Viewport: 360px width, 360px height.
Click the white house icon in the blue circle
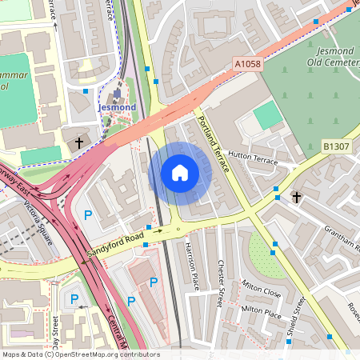pos(180,173)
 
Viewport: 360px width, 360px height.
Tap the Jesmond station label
pos(116,106)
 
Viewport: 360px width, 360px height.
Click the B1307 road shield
pos(335,146)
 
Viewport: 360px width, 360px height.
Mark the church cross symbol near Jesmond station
pos(79,142)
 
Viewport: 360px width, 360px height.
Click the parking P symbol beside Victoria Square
pos(88,214)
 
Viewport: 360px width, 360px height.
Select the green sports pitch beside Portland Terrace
pos(268,115)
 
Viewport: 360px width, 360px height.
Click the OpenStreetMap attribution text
pos(80,354)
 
